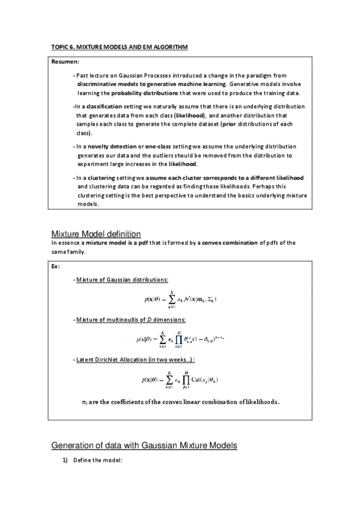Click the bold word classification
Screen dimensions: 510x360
click(105, 106)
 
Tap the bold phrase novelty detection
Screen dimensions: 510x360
click(111, 146)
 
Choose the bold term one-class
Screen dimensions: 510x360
click(156, 146)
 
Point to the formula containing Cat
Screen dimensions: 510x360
click(180, 380)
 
